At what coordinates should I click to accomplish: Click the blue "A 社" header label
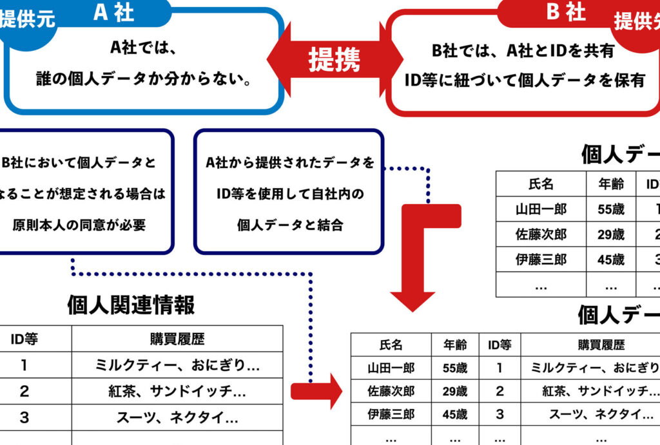(x=113, y=13)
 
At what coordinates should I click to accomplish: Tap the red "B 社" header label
(x=566, y=12)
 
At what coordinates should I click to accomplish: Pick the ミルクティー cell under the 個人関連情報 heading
(x=177, y=365)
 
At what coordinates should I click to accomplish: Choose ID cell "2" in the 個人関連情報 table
(x=24, y=391)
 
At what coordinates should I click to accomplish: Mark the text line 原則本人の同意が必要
(x=79, y=225)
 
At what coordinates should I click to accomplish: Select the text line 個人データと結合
(x=290, y=225)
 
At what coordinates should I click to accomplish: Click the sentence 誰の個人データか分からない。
(x=143, y=80)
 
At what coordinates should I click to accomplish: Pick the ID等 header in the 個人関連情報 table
(x=24, y=339)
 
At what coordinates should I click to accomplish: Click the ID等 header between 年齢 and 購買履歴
(x=500, y=345)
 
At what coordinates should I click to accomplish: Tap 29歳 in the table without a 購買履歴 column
(x=610, y=234)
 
